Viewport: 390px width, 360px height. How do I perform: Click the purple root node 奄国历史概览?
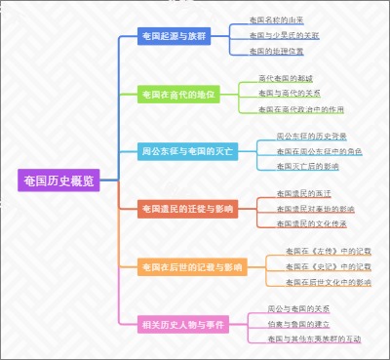tap(59, 180)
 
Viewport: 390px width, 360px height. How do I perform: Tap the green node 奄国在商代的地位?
tap(176, 94)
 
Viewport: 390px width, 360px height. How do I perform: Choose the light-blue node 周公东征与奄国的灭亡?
tap(187, 151)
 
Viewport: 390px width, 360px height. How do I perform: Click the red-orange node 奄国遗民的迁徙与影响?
tap(187, 208)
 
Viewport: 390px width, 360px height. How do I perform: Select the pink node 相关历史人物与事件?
tap(181, 323)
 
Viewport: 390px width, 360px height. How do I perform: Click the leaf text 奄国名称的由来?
tap(276, 20)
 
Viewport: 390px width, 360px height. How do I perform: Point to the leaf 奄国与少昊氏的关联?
tap(284, 35)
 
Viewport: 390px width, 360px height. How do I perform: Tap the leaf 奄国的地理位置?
tap(276, 50)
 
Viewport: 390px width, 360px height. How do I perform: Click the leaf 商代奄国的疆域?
tap(286, 77)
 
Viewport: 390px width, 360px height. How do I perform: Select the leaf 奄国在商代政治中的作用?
tap(301, 109)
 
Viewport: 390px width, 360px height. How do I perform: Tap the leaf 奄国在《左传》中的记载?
tap(329, 251)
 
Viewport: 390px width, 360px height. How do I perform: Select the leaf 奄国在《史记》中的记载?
tap(329, 265)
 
